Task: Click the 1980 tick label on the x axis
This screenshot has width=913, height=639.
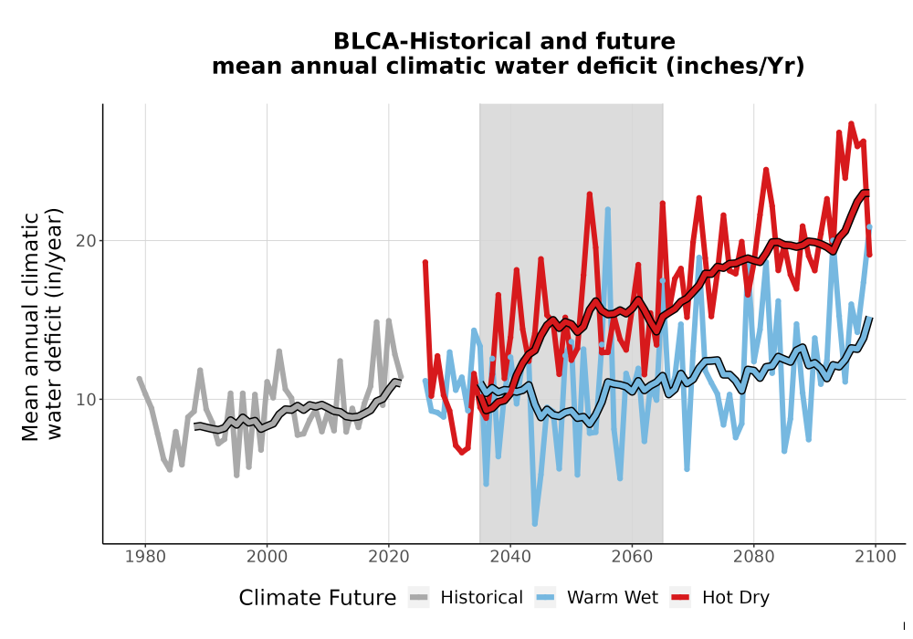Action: [145, 557]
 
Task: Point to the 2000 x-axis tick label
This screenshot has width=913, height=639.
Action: [267, 557]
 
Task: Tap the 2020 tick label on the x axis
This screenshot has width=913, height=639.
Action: [388, 557]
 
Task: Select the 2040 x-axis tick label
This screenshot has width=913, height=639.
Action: [510, 557]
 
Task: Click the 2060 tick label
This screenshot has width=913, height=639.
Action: [632, 557]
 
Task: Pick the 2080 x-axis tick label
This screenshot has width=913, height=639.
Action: [753, 557]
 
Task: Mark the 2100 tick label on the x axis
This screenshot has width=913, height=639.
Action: [876, 557]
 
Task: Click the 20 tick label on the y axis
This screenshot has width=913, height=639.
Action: [86, 240]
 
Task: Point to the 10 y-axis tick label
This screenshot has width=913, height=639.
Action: [86, 399]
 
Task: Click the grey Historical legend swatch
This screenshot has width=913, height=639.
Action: [419, 597]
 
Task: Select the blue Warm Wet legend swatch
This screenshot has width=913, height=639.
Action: [545, 597]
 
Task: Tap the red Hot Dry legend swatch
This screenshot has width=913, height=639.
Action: [680, 597]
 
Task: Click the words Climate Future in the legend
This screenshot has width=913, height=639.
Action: [318, 598]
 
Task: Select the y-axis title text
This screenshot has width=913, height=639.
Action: [42, 325]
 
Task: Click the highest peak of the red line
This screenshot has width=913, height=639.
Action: [851, 123]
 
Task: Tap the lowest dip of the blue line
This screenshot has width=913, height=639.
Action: [534, 524]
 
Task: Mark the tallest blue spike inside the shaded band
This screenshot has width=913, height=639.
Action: [608, 209]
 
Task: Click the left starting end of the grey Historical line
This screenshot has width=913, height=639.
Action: [139, 379]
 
